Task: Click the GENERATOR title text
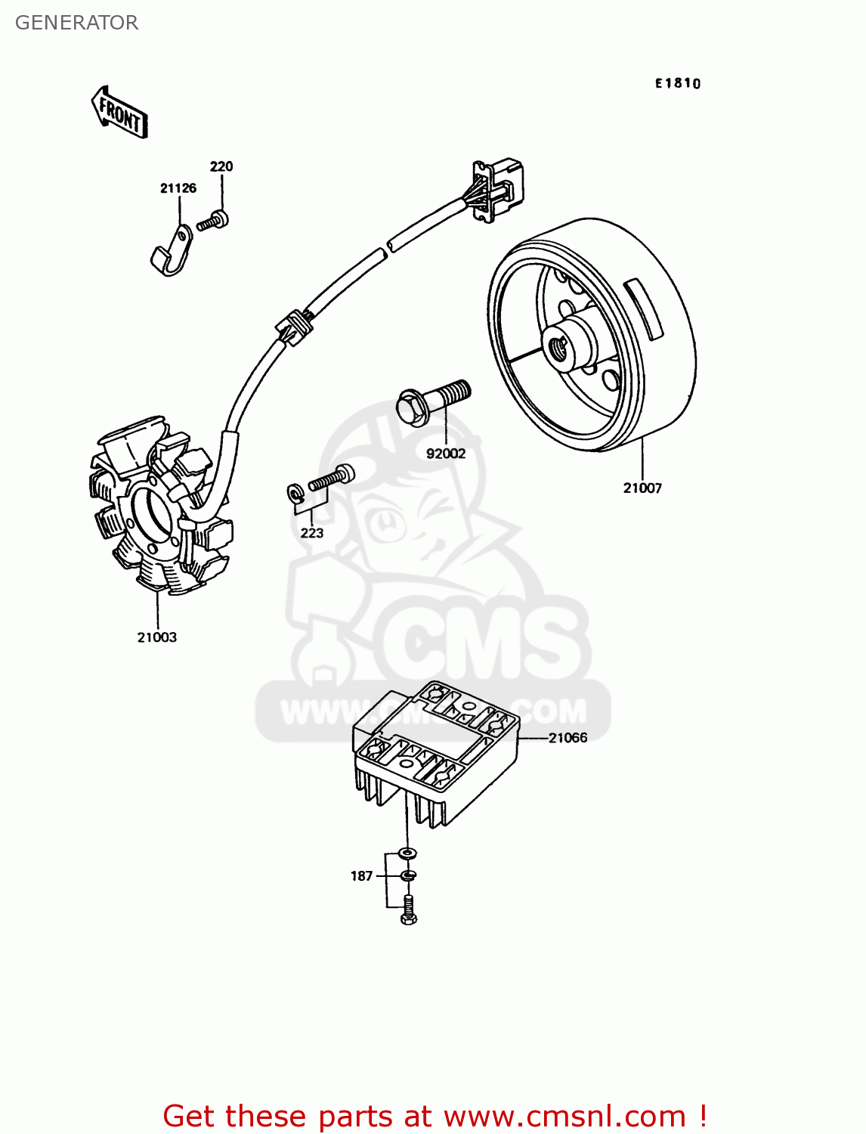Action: tap(76, 23)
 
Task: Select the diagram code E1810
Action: tap(677, 83)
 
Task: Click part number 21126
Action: tap(178, 188)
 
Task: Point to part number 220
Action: tap(221, 166)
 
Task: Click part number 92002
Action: tap(446, 454)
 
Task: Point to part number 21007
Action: tap(642, 488)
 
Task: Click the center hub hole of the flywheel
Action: tap(560, 347)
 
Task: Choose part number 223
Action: tap(311, 533)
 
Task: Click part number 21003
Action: tap(156, 637)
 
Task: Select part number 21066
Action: tap(568, 738)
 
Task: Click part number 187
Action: tap(361, 876)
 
